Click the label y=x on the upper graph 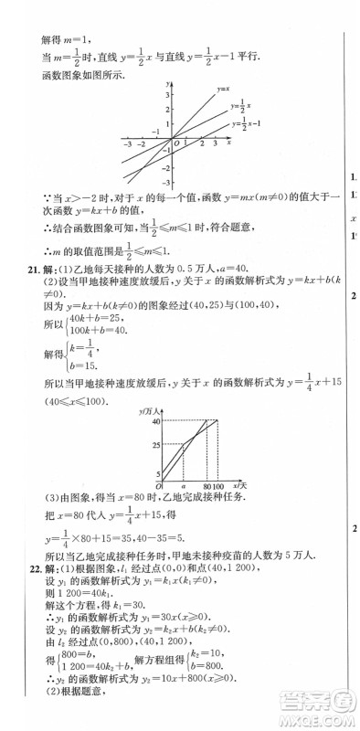coord(223,90)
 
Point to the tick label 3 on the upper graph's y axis coord(168,95)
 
